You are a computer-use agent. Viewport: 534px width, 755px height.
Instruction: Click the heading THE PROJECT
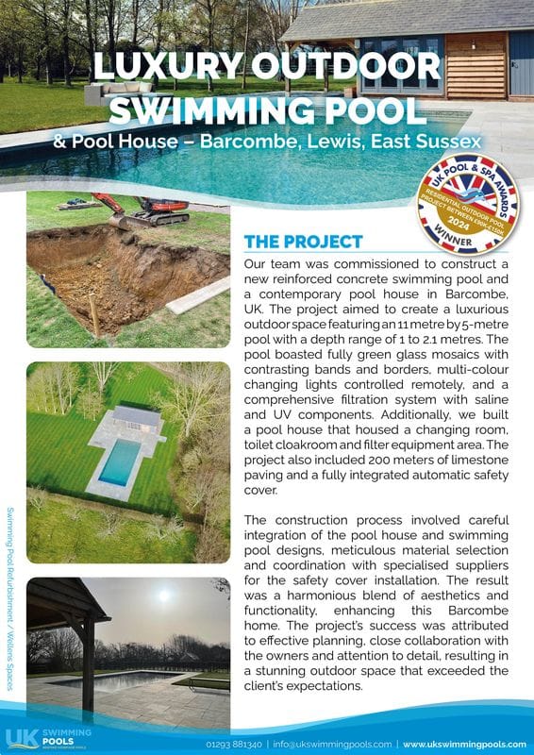[x=303, y=242]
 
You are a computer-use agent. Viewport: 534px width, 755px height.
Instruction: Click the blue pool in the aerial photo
[x=120, y=461]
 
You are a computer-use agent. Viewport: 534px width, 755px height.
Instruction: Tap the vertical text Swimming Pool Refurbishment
[x=9, y=585]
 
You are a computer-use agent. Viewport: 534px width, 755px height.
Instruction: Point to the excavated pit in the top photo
[x=104, y=274]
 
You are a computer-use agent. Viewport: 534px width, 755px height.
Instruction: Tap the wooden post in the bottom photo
[x=88, y=665]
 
